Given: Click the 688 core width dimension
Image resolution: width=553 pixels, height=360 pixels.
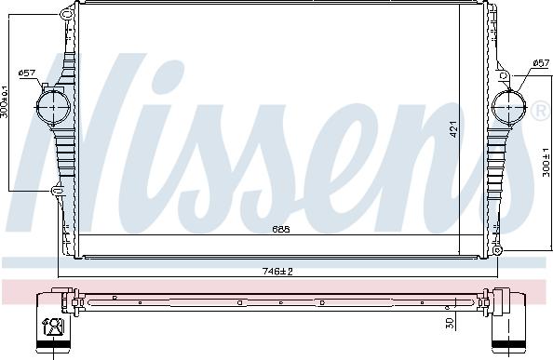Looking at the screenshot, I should point(279,229).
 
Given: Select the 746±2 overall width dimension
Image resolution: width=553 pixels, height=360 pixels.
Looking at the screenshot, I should point(278,271).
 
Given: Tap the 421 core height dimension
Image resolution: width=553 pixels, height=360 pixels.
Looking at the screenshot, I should point(453,130).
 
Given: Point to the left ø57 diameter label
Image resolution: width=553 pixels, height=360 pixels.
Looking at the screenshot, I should point(27,73).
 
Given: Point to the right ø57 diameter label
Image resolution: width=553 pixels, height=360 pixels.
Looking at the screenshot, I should point(540,63).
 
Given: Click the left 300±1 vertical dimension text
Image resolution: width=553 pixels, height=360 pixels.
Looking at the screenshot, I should point(5,102).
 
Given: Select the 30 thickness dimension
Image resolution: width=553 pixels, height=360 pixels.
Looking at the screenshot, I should point(450,322).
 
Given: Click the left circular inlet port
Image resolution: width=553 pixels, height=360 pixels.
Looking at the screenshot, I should point(53,106).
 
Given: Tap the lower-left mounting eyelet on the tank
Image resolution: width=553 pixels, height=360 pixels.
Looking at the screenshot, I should point(55,191).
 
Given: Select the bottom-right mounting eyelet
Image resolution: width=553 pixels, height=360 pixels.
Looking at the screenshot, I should point(496,249).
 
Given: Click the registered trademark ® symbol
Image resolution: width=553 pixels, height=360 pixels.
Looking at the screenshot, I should point(541,112).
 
